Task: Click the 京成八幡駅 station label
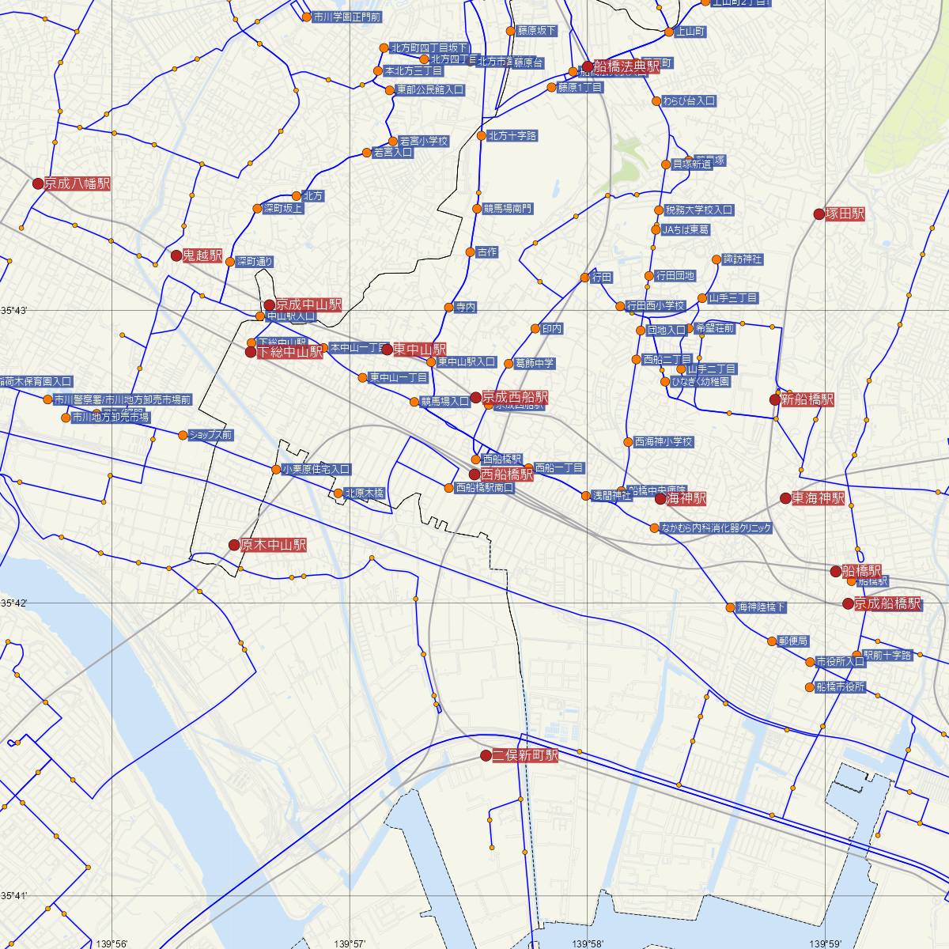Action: click(x=78, y=184)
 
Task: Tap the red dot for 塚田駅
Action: click(x=819, y=214)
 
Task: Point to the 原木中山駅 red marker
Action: click(x=233, y=545)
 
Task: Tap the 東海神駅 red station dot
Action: click(x=785, y=498)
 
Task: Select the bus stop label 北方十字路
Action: click(x=512, y=136)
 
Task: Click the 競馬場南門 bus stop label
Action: click(x=508, y=209)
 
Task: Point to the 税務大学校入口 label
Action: click(x=699, y=210)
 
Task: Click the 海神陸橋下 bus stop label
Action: click(x=762, y=608)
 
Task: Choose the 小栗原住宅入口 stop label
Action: click(x=316, y=469)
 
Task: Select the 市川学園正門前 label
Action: click(x=346, y=16)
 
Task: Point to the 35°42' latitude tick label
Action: click(x=14, y=603)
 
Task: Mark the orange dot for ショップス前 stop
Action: click(x=183, y=435)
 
